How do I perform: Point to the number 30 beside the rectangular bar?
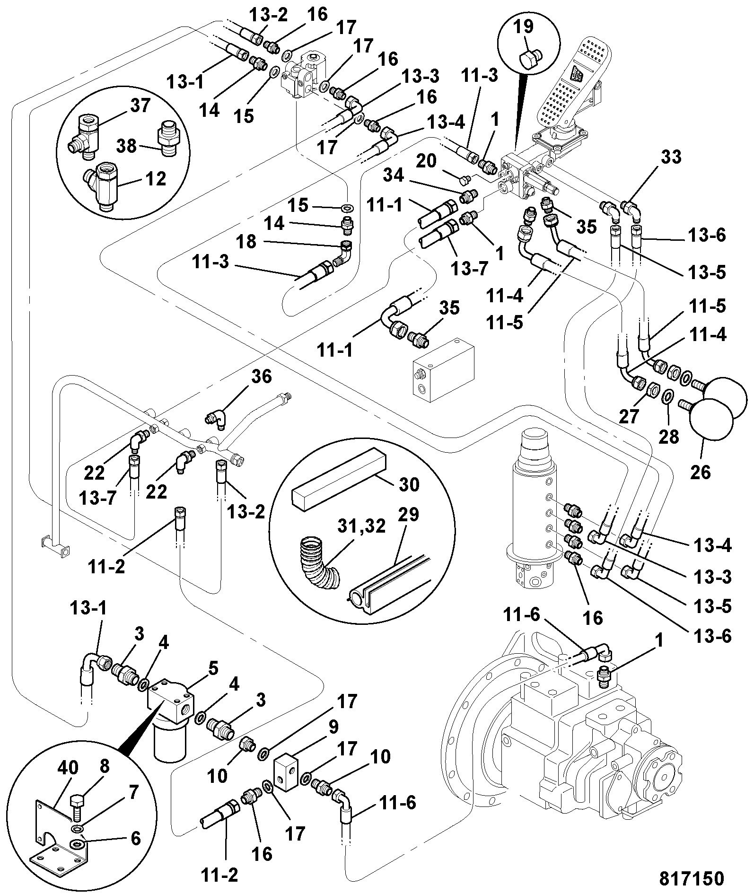point(409,485)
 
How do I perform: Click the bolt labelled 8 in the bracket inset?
point(77,788)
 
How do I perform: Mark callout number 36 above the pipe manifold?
point(262,377)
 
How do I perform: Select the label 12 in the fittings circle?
point(156,179)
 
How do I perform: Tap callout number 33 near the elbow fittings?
point(671,157)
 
